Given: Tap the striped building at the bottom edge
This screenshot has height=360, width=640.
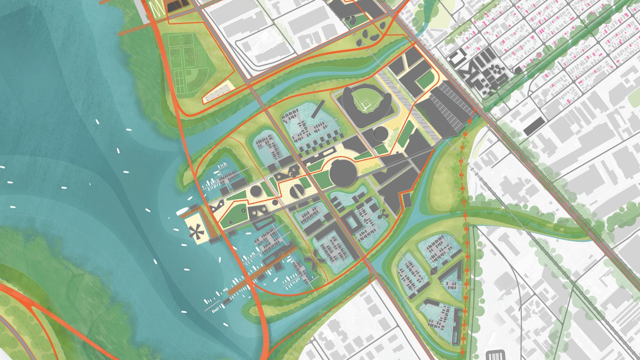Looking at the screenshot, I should [x=495, y=355].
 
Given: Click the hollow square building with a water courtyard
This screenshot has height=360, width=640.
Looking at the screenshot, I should [x=353, y=222].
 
